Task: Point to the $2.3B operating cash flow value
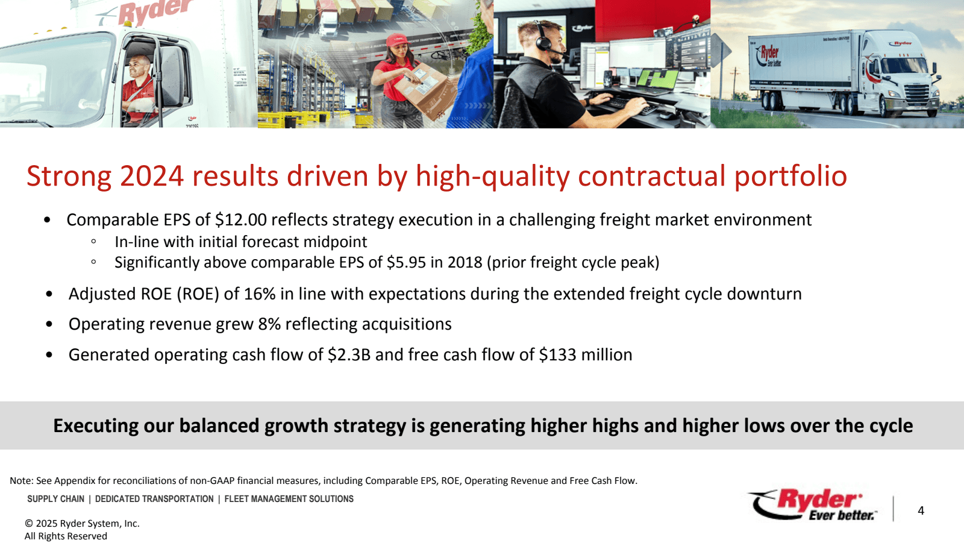(x=349, y=355)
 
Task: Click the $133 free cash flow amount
(x=557, y=355)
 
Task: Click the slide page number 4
(x=921, y=510)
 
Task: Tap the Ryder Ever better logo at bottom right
(x=813, y=504)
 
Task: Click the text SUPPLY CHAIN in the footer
(x=56, y=498)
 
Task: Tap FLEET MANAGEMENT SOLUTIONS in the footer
(x=289, y=498)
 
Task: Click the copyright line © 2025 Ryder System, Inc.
(x=82, y=523)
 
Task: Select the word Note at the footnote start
(x=20, y=480)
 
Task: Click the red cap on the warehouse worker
(x=396, y=40)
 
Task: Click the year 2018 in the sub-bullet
(x=465, y=262)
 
